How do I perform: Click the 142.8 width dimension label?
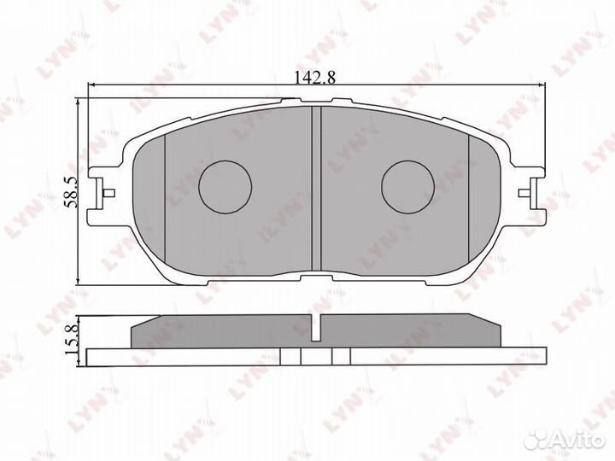tap(315, 77)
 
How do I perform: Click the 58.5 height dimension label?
tap(73, 192)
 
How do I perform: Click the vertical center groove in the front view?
tap(316, 188)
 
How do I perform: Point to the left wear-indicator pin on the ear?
tap(108, 193)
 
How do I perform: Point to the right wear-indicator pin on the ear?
tap(524, 193)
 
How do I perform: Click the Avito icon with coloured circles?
tap(536, 441)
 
